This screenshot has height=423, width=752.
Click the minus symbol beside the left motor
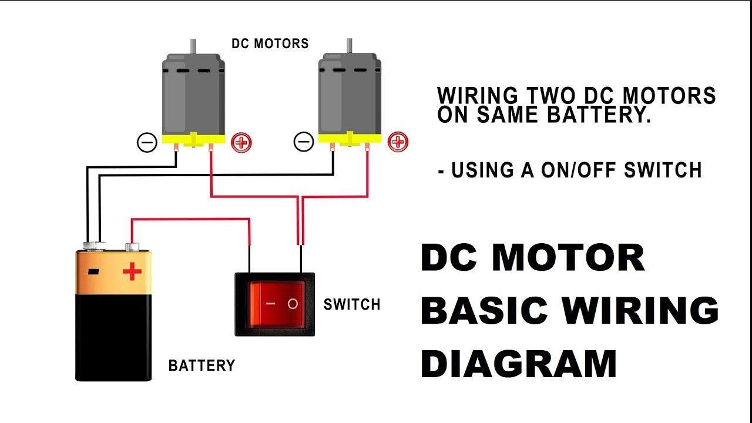(147, 142)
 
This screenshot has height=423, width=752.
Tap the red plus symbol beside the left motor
(241, 142)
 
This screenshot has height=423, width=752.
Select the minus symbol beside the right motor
(304, 142)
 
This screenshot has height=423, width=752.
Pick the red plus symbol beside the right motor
(398, 142)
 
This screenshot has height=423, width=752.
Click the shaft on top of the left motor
(193, 46)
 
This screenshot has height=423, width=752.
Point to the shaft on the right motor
(350, 46)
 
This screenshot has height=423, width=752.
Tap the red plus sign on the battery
(132, 271)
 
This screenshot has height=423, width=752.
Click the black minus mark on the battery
(93, 271)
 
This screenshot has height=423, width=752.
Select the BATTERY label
(202, 365)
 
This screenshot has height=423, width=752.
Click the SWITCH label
(352, 304)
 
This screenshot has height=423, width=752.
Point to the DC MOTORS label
(270, 43)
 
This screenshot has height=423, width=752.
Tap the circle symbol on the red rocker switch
(293, 304)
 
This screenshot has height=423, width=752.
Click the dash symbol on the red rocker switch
(270, 304)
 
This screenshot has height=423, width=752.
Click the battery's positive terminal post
(132, 247)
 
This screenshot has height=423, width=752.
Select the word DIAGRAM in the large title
(519, 364)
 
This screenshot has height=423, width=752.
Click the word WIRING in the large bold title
(640, 310)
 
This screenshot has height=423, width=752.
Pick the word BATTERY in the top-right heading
(599, 115)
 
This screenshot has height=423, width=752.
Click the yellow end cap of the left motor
(193, 139)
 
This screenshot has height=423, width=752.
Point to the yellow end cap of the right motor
(350, 138)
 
